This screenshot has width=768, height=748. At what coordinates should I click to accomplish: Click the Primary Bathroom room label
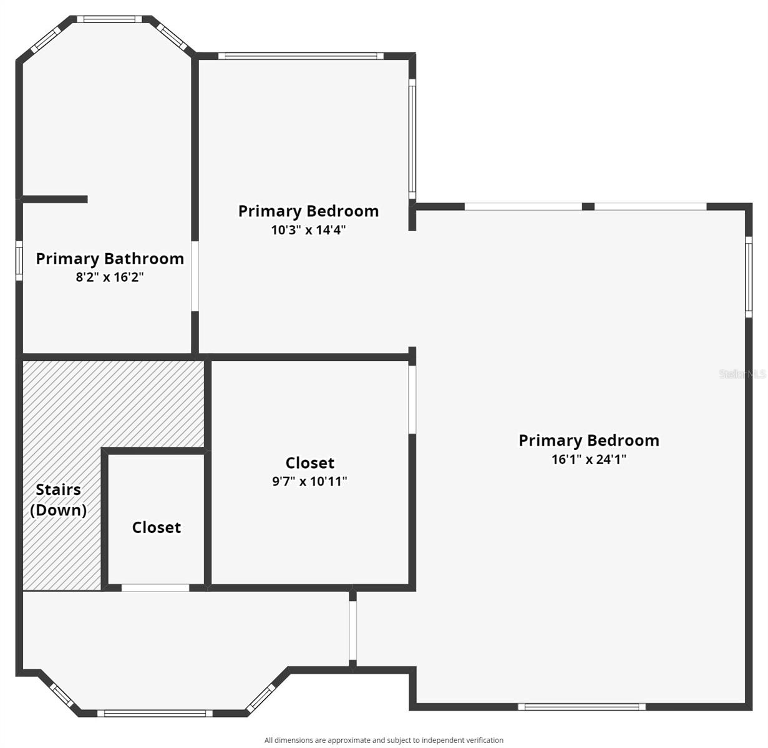point(110,259)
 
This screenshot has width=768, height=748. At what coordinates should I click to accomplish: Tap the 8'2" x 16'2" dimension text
point(110,277)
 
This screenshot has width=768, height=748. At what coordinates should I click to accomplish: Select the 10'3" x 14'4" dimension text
point(308,229)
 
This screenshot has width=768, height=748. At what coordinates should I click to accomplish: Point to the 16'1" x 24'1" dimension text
point(589,459)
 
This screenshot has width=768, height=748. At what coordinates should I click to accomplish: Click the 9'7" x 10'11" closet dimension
point(309,481)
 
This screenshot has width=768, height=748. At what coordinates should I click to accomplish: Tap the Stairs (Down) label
point(59,499)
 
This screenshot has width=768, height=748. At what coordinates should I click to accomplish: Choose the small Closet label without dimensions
point(157,527)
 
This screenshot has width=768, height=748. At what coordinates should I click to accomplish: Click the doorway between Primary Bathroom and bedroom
point(195,276)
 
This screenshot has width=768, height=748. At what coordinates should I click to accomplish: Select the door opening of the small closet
point(155,588)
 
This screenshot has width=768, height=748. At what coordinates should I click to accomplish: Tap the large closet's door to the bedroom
point(412,400)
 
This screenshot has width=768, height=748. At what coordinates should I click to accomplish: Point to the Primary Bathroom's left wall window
point(19,261)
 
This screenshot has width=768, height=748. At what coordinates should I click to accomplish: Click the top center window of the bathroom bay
point(109,19)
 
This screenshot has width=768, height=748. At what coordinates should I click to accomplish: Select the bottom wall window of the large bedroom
point(581,707)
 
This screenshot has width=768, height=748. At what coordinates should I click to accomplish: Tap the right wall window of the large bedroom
point(749,277)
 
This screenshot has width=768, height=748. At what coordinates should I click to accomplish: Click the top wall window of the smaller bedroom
point(301,55)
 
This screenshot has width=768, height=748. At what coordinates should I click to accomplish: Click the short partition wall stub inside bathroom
point(55,199)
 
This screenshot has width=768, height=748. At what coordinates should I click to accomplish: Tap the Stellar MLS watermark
point(742,374)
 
